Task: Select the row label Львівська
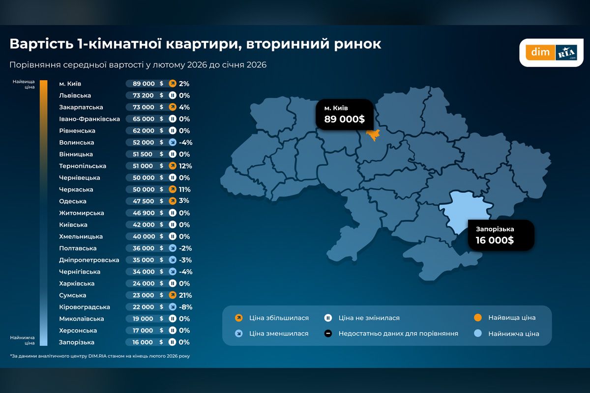[x=75, y=95]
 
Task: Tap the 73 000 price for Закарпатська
[x=143, y=107]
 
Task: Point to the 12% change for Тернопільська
[x=185, y=166]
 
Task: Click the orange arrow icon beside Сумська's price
[x=173, y=295]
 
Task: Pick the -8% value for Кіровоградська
[x=185, y=307]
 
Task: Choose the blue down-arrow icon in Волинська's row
[x=173, y=142]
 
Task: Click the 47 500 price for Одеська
[x=143, y=201]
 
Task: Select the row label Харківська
[x=77, y=283]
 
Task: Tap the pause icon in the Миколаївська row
[x=173, y=319]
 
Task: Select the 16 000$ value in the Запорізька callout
[x=495, y=240]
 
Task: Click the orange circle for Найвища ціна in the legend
[x=477, y=317]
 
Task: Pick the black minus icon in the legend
[x=328, y=334]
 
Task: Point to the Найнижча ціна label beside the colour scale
[x=23, y=339]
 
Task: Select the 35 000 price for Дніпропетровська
[x=143, y=260]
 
